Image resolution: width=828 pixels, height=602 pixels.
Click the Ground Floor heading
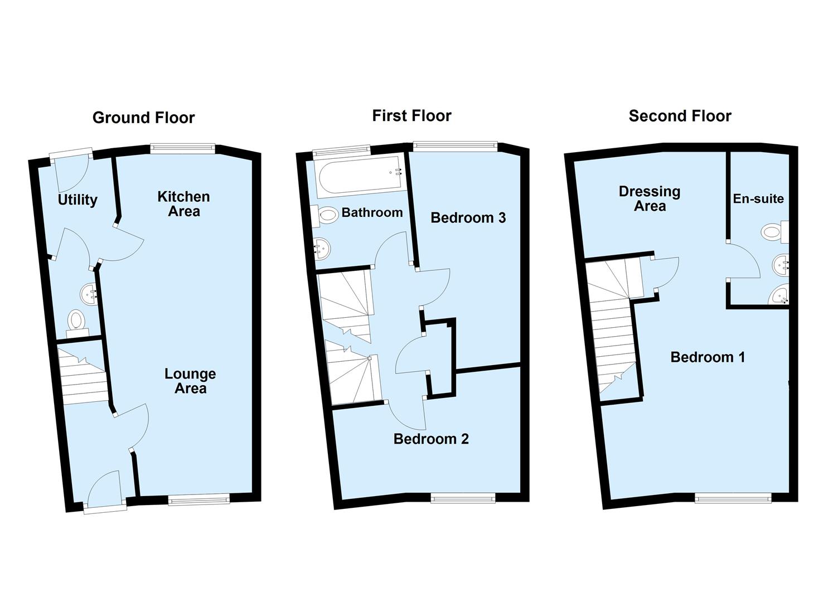143,118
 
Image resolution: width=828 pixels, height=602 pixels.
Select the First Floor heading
411,116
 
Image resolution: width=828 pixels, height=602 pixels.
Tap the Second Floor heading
680,116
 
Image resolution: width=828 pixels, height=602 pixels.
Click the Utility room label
78,200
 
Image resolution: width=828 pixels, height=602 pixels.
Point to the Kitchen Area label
183,204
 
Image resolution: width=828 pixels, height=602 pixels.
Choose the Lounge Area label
190,381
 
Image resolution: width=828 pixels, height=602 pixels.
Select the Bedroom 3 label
468,218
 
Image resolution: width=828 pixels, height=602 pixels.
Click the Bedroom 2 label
431,439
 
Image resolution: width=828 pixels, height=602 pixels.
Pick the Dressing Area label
650,199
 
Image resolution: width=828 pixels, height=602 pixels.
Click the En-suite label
758,199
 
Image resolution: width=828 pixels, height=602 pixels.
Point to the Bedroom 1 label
708,357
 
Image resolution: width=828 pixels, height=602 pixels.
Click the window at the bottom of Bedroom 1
733,497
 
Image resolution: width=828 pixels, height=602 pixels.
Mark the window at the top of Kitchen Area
182,148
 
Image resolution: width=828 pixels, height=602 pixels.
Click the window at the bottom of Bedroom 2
462,498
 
